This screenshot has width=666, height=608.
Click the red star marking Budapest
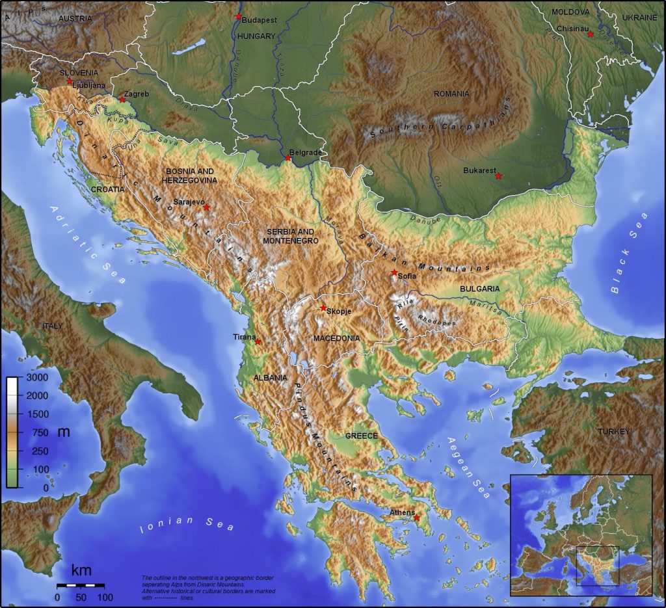pyautogui.click(x=239, y=16)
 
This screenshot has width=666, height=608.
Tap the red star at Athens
pyautogui.click(x=417, y=518)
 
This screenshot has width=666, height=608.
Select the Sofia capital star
pyautogui.click(x=394, y=272)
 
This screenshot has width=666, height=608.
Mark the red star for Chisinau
pyautogui.click(x=590, y=34)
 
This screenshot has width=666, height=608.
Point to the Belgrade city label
pyautogui.click(x=306, y=152)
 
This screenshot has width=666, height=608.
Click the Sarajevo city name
pyautogui.click(x=188, y=202)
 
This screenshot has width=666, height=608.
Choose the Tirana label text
pyautogui.click(x=244, y=337)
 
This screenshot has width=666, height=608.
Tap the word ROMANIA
pyautogui.click(x=451, y=94)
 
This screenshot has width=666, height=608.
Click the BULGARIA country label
pyautogui.click(x=479, y=288)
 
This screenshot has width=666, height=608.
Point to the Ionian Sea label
pyautogui.click(x=187, y=523)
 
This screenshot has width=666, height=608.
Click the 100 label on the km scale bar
pyautogui.click(x=105, y=597)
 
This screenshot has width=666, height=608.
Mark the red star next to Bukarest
pyautogui.click(x=498, y=176)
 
